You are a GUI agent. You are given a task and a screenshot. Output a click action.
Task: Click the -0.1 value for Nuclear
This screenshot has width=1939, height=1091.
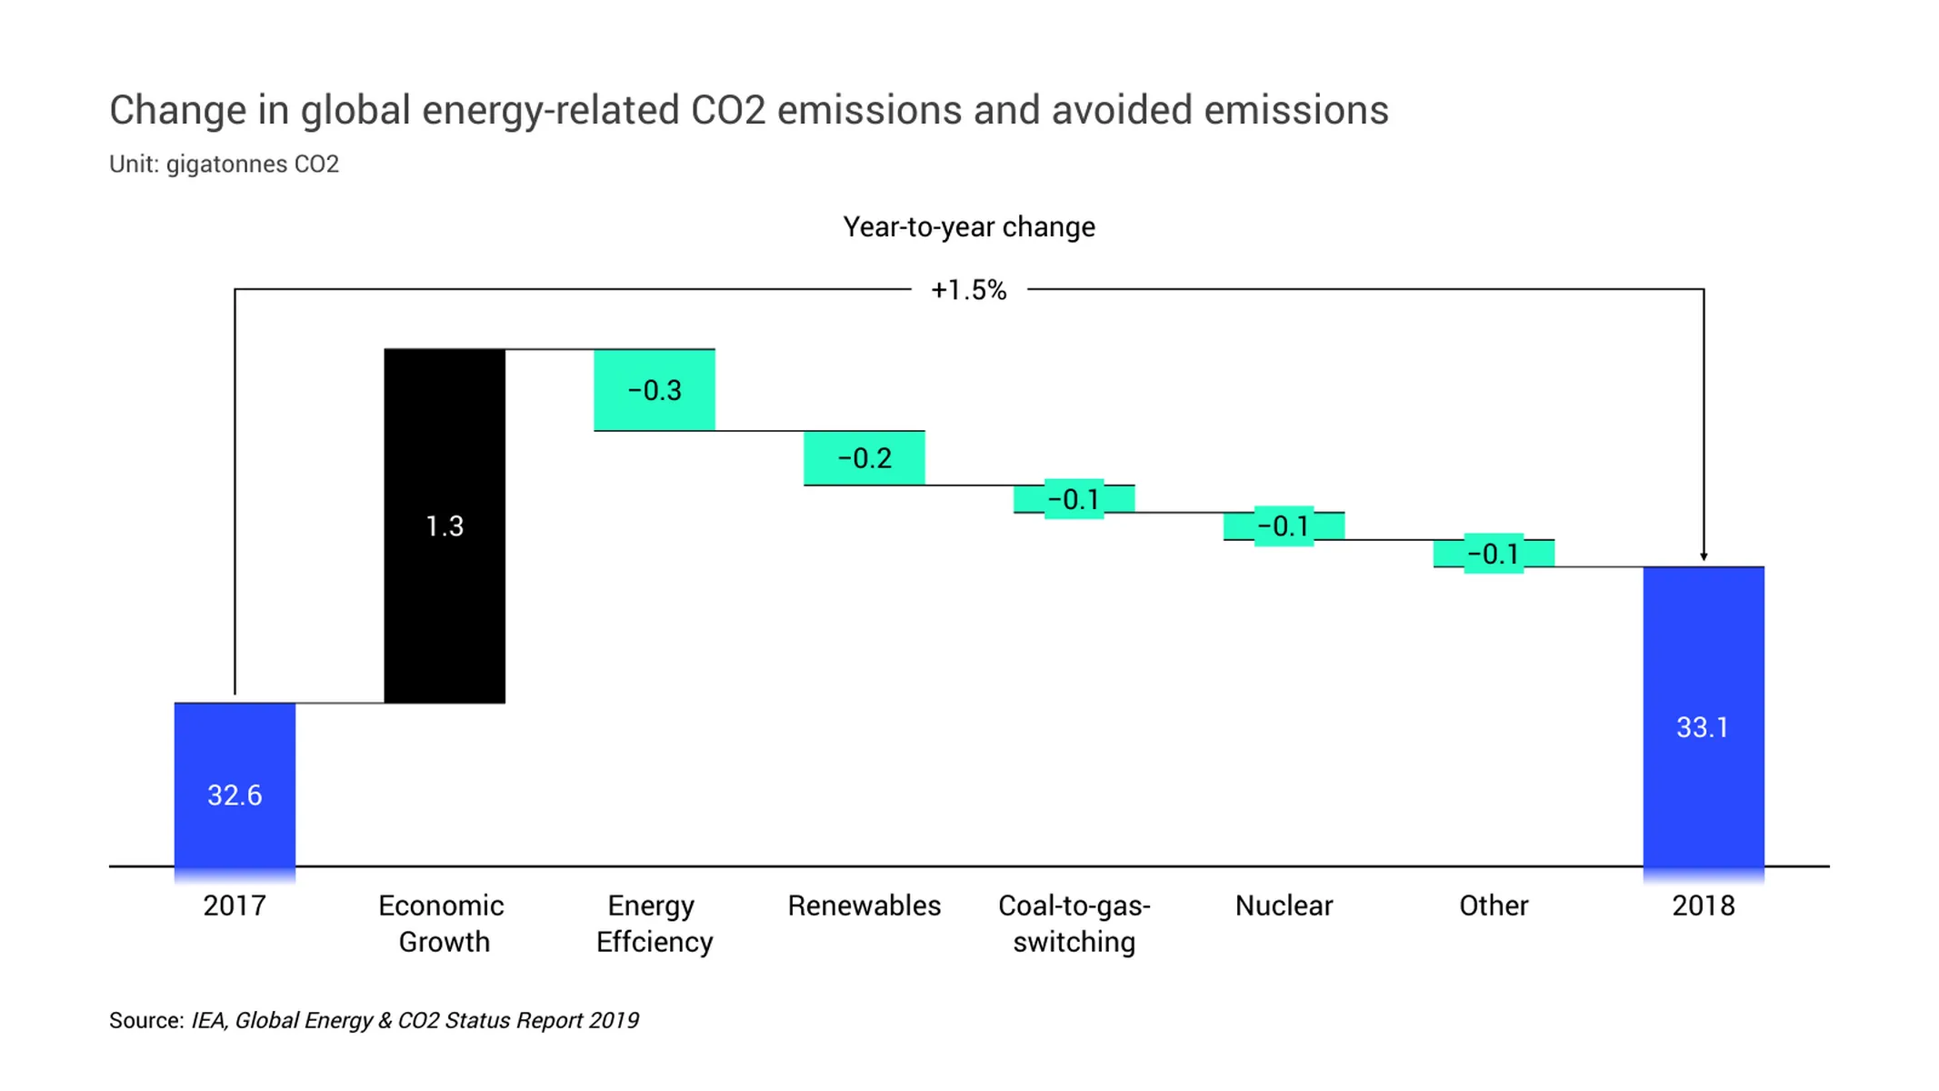tap(1283, 526)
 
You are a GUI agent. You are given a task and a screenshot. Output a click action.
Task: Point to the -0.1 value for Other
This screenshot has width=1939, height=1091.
tap(1493, 554)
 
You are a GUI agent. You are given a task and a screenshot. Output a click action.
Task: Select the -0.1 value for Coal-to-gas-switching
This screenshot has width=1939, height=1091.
tap(1074, 499)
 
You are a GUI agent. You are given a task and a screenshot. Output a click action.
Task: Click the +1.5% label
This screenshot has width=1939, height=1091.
tap(968, 290)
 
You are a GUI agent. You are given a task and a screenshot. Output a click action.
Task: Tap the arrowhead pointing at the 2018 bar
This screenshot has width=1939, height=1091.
tap(1703, 556)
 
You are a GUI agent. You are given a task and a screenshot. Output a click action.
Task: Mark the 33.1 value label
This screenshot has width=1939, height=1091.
tap(1702, 727)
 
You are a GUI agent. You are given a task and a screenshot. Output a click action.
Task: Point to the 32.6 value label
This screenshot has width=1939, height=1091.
tap(235, 796)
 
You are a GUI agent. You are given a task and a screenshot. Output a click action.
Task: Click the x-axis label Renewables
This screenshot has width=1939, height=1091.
tap(864, 906)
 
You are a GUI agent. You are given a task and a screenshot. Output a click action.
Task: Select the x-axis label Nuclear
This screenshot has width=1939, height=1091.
tap(1283, 906)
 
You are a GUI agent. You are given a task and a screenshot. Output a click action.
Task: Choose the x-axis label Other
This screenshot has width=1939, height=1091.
tap(1493, 906)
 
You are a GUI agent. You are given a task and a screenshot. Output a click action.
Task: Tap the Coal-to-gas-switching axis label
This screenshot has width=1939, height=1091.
tap(1074, 924)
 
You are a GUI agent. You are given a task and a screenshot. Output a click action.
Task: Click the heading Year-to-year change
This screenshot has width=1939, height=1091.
tap(968, 226)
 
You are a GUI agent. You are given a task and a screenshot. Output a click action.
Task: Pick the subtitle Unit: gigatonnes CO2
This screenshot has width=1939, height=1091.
tap(224, 164)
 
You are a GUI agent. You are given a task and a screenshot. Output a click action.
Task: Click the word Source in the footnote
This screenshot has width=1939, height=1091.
tap(145, 1020)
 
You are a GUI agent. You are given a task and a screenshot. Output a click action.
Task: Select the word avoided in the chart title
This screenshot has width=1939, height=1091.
tap(1120, 110)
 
